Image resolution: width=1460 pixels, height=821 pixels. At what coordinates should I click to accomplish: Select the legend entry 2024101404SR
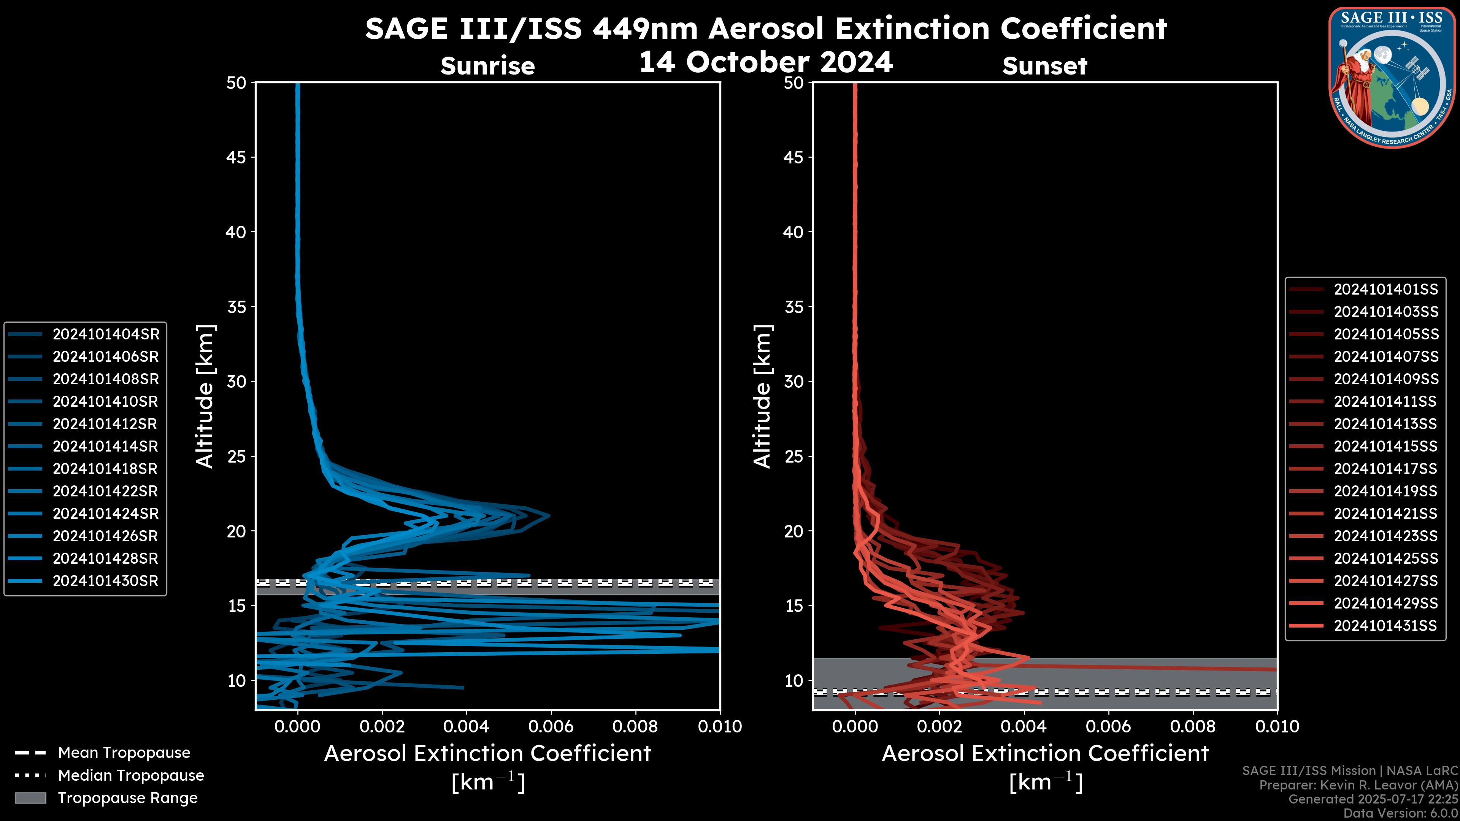(105, 334)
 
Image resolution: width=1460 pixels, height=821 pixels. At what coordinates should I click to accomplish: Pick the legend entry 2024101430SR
(105, 581)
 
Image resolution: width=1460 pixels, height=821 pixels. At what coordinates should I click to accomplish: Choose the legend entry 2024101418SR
(105, 469)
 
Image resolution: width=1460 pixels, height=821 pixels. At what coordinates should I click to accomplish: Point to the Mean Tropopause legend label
(124, 753)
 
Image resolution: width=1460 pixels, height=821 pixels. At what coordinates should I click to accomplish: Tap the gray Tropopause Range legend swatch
(30, 798)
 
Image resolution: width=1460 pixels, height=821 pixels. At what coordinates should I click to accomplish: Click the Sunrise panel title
(487, 66)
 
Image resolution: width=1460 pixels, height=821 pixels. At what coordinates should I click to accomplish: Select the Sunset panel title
(1044, 66)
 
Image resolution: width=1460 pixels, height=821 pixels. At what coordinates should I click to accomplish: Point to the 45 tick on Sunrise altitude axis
(236, 157)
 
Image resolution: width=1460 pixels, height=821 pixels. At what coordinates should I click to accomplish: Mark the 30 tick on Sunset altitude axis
(794, 381)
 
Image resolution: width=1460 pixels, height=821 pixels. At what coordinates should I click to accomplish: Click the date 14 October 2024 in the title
(766, 62)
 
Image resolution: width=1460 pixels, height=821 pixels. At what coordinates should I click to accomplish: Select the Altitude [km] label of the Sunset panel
(763, 396)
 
